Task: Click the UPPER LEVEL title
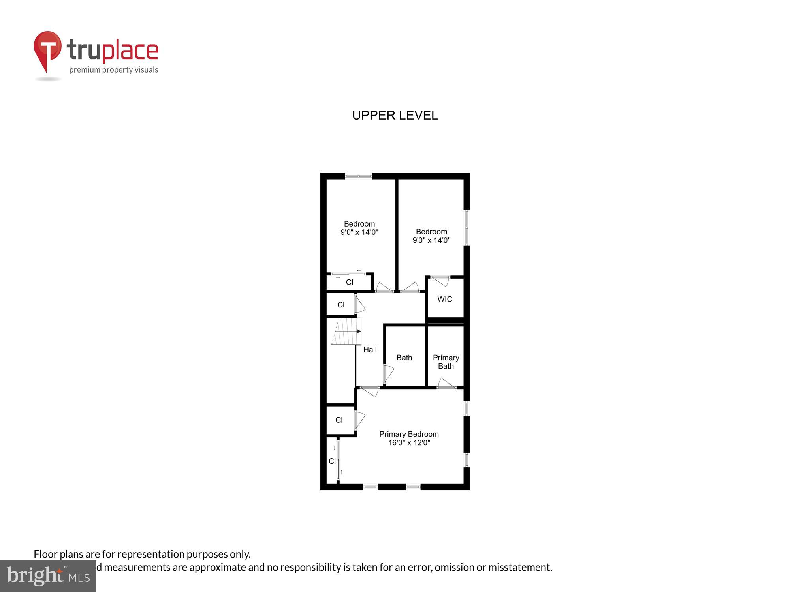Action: pos(395,115)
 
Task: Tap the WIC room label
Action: pos(444,299)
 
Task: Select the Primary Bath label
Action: pos(446,362)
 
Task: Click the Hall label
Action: pos(370,349)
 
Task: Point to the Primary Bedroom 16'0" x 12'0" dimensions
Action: pos(409,443)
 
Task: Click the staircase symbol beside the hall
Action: pos(347,332)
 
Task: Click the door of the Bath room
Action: pos(388,373)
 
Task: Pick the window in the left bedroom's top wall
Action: pos(359,176)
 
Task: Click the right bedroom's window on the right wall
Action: pos(466,228)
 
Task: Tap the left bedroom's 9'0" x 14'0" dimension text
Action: pos(359,232)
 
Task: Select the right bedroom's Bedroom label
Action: pos(431,232)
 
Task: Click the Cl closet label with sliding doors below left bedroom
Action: pos(350,282)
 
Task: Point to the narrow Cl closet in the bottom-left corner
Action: pos(332,461)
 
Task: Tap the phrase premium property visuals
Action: pos(114,70)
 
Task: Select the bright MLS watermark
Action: pos(48,576)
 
